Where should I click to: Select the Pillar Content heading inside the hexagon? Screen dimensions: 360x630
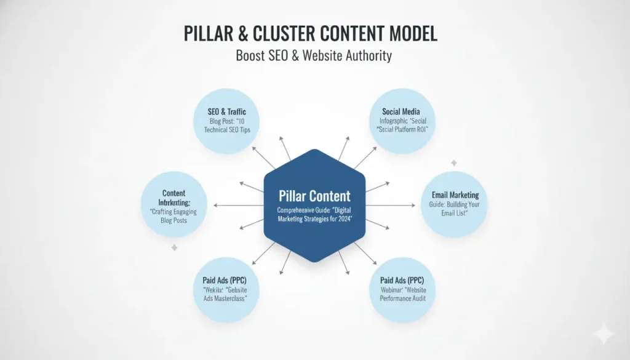pos(314,196)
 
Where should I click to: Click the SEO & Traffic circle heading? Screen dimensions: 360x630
pos(228,112)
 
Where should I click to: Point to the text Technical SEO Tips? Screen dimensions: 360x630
pos(228,130)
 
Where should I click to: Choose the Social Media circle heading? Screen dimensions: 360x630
pos(401,111)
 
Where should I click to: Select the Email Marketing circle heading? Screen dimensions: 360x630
pos(455,195)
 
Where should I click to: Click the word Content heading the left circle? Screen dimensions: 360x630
pos(173,193)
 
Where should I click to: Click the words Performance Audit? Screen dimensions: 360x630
pos(402,298)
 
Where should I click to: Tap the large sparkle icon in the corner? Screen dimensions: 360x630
pos(603,334)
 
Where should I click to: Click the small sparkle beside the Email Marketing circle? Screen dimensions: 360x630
pos(453,163)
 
